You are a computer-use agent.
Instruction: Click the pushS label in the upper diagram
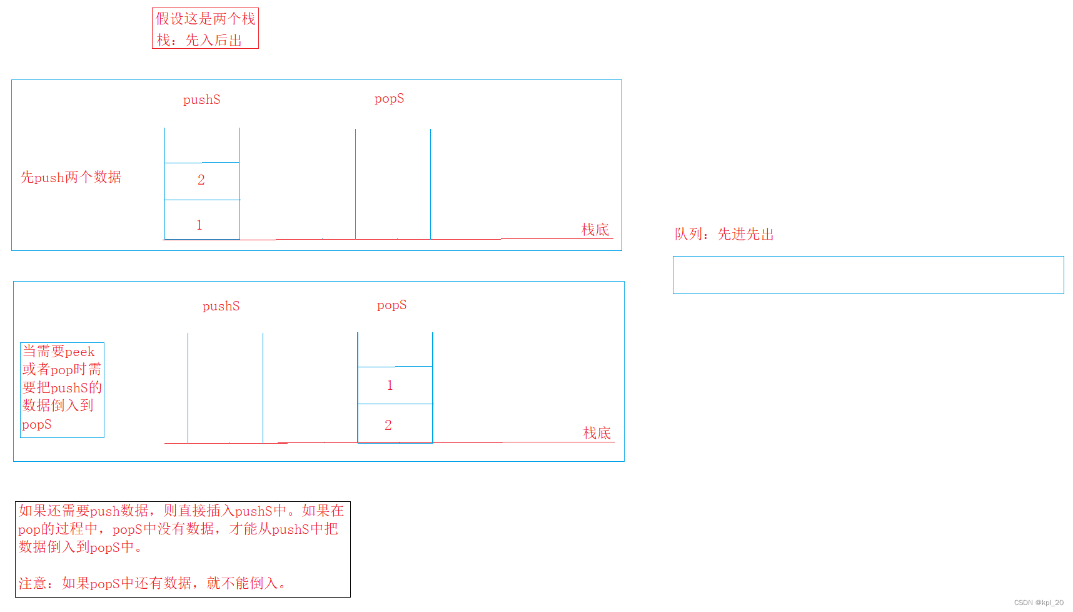coord(201,99)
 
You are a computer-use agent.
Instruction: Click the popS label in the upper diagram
coord(389,98)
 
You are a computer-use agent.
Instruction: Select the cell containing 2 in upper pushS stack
coord(201,180)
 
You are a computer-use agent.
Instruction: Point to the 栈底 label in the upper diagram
coord(595,230)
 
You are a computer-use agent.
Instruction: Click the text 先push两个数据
coord(71,177)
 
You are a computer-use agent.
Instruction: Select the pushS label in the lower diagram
coord(221,306)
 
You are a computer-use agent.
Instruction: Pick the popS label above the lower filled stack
coord(391,305)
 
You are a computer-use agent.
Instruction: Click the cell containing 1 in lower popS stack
coord(390,385)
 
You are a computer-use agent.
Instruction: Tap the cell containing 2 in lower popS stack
coord(388,425)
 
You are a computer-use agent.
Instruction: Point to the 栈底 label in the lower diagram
coord(597,433)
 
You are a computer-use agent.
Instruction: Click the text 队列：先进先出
coord(724,234)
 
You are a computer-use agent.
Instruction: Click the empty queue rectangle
coord(868,275)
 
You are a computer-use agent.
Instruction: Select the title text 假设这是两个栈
coord(205,19)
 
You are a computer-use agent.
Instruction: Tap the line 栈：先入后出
coord(199,40)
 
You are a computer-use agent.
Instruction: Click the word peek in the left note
coord(79,352)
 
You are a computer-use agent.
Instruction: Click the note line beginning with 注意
coord(152,583)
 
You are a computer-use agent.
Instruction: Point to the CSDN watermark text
coord(1038,603)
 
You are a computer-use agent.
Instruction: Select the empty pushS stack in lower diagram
coord(225,388)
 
